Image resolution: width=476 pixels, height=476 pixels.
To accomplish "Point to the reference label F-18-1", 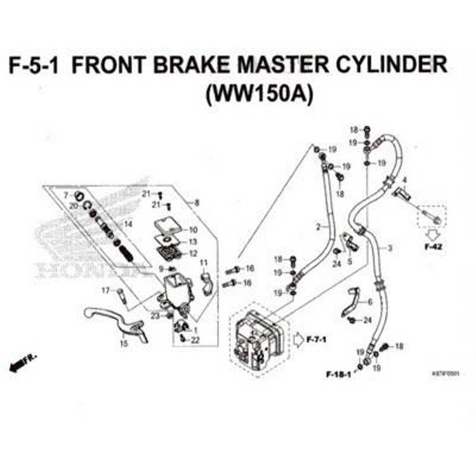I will (x=339, y=375).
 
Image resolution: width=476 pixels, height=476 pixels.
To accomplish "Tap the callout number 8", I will (x=197, y=203).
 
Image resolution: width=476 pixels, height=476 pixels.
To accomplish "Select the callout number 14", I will (x=128, y=224).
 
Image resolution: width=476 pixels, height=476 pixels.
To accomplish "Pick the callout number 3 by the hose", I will (x=390, y=248).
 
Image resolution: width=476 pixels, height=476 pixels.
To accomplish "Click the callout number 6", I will (x=370, y=301).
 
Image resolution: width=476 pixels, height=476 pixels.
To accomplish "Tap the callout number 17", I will (x=105, y=291).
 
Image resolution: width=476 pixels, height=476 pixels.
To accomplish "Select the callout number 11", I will (x=204, y=263).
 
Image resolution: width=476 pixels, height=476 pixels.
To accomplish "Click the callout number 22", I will (x=196, y=340).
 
